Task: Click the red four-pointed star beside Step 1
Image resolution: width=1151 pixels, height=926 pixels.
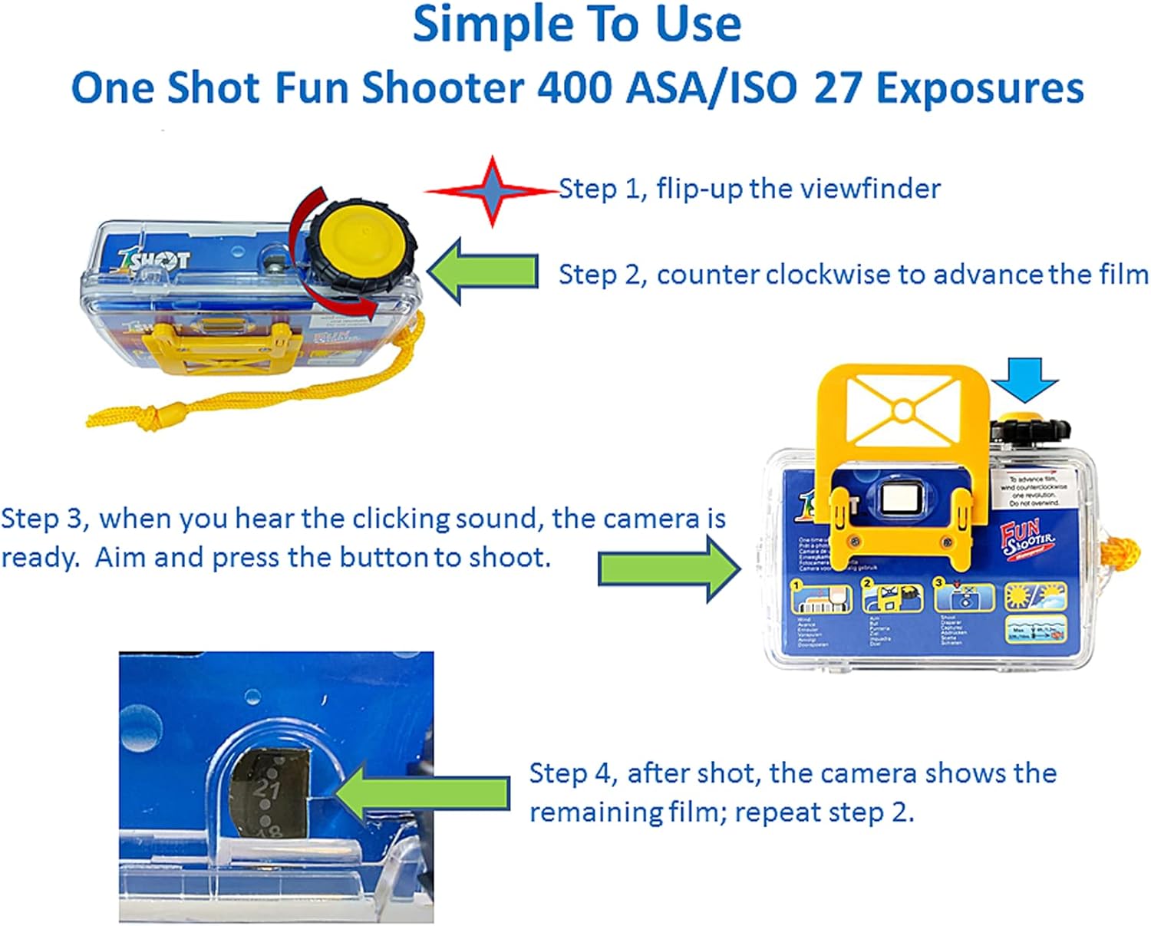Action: point(493,191)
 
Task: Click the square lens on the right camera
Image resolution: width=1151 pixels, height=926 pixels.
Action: point(900,499)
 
